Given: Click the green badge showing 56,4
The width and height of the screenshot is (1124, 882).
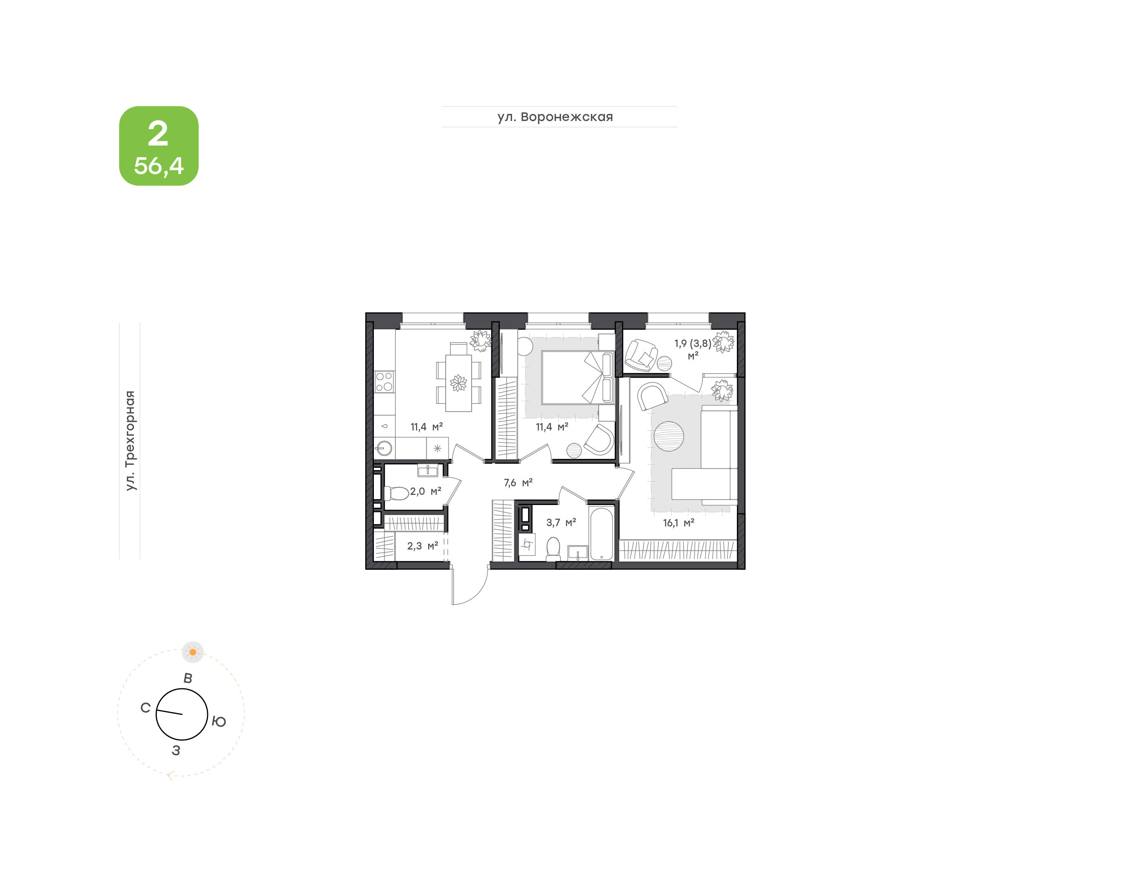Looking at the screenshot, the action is [158, 146].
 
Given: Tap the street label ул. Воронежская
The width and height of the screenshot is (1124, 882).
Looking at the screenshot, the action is [555, 117].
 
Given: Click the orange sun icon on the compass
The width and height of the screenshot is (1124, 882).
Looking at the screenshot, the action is [192, 652].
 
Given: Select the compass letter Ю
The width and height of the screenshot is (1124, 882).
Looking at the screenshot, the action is [219, 721].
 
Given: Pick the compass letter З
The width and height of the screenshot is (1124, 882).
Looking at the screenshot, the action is [176, 750].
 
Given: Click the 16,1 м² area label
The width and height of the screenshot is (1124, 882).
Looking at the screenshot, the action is [678, 523].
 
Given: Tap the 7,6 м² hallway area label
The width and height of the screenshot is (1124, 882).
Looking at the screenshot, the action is [518, 482].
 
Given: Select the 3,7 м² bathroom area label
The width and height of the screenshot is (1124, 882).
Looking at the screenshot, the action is [561, 522].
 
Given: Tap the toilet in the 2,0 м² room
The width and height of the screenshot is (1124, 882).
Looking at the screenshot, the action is [396, 493].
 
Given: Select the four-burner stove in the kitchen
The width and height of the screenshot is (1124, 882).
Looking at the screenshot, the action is [384, 382].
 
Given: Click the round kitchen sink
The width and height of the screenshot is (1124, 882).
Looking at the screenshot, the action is [384, 448].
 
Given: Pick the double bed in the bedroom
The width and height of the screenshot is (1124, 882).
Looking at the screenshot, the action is [578, 377].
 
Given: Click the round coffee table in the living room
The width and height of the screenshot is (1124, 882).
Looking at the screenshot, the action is [669, 436].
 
